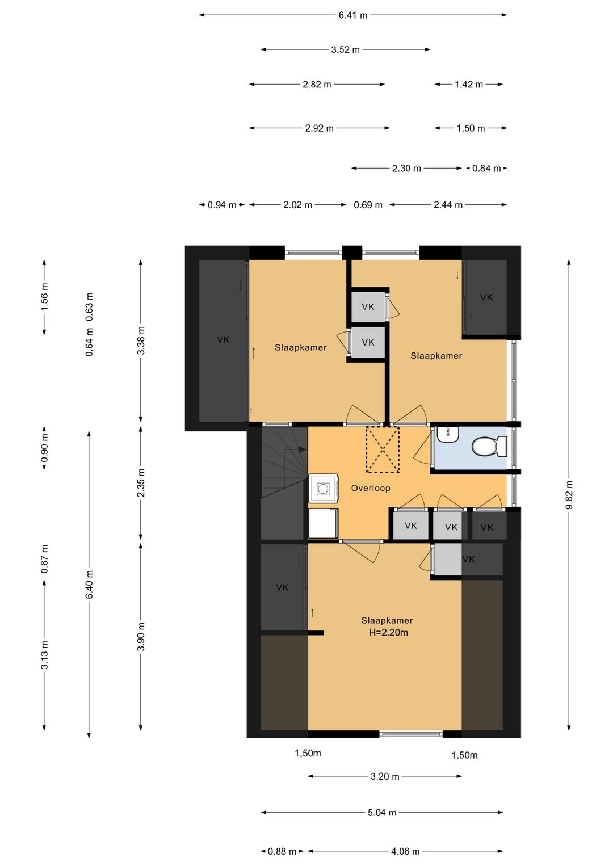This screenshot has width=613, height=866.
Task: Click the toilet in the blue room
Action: pyautogui.click(x=489, y=445)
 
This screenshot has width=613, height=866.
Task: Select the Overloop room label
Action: pyautogui.click(x=371, y=488)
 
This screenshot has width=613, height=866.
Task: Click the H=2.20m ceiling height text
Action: pyautogui.click(x=388, y=633)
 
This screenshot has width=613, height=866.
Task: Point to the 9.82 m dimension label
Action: pyautogui.click(x=569, y=495)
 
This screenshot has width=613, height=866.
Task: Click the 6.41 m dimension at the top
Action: pyautogui.click(x=352, y=15)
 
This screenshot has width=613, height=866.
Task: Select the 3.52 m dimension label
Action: pyautogui.click(x=345, y=49)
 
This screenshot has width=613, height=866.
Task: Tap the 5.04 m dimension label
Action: pyautogui.click(x=382, y=813)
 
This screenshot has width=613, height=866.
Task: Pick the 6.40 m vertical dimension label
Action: pyautogui.click(x=89, y=584)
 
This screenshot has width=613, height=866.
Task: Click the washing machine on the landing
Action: pyautogui.click(x=324, y=489)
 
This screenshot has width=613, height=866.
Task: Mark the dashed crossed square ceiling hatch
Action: pyautogui.click(x=383, y=449)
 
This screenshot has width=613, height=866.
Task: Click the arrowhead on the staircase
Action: pyautogui.click(x=302, y=449)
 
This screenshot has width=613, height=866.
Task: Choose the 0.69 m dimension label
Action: pyautogui.click(x=368, y=205)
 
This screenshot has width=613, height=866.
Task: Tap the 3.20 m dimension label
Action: pyautogui.click(x=385, y=776)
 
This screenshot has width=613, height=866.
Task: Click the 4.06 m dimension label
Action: pyautogui.click(x=405, y=851)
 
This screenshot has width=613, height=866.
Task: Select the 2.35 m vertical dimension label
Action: pyautogui.click(x=141, y=482)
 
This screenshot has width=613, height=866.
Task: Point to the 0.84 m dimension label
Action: pyautogui.click(x=486, y=169)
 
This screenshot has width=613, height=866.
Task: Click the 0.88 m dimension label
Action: pyautogui.click(x=282, y=851)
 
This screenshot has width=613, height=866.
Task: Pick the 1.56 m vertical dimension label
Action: pyautogui.click(x=44, y=297)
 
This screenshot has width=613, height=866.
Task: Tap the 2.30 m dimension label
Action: pyautogui.click(x=406, y=169)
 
